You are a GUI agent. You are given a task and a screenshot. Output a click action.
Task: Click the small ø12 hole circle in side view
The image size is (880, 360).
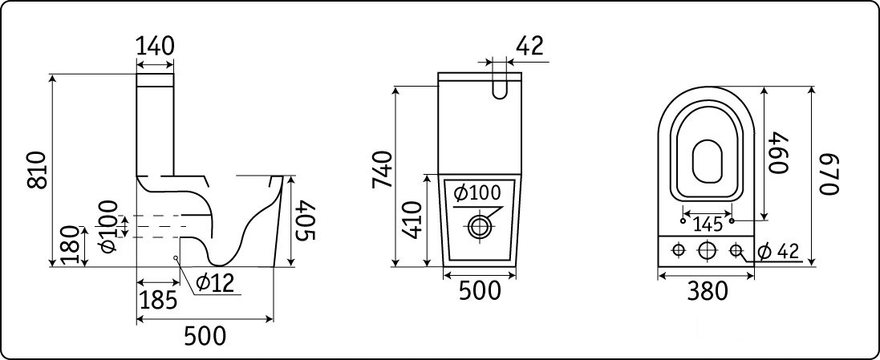pos(176,258)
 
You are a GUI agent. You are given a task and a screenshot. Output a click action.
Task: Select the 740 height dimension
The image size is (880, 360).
pos(382,169)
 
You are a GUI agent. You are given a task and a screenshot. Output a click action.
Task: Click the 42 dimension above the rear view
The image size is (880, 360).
pos(529,46)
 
